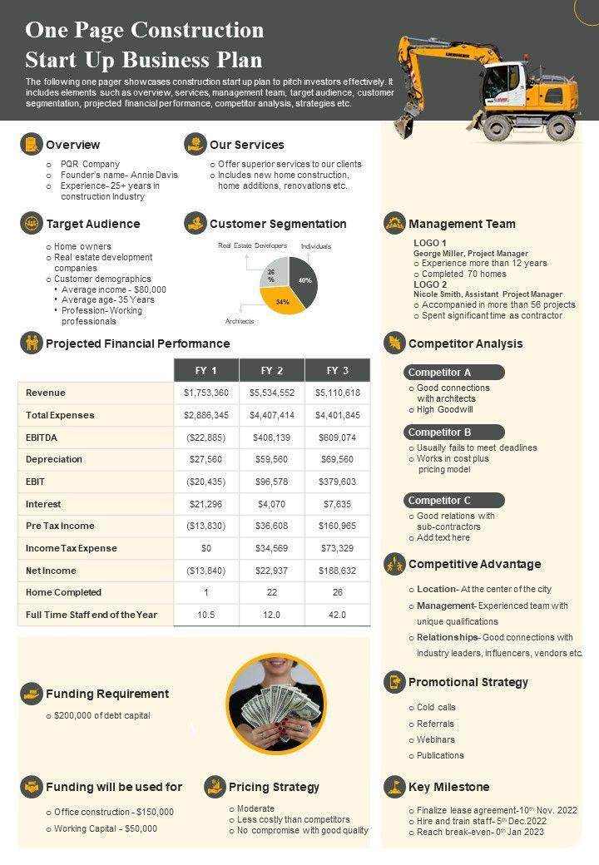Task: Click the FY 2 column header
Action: coord(272,370)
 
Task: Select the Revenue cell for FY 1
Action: coord(206,393)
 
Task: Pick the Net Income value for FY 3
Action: coord(337,571)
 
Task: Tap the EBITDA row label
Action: coord(42,437)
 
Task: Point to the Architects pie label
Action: coord(240,321)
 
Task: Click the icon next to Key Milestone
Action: coord(394,787)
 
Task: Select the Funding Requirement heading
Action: coord(106,694)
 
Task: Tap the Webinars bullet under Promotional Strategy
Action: coord(435,739)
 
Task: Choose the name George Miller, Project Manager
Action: coord(471,254)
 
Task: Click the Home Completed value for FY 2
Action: coord(272,592)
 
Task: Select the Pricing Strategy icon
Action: coord(215,787)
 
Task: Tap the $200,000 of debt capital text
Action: coord(101,715)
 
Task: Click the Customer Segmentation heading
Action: coord(278,224)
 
